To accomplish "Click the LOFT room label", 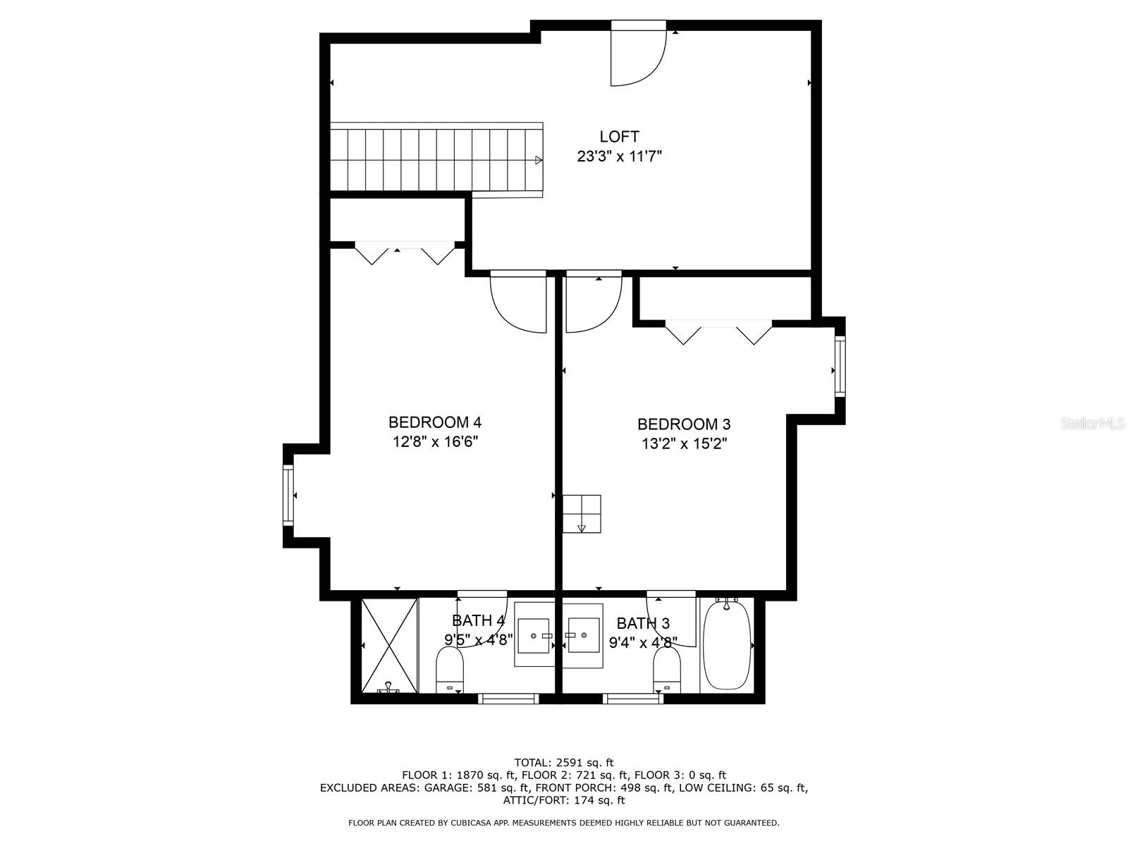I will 619,137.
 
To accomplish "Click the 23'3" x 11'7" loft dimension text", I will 619,157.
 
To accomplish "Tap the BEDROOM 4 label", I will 434,422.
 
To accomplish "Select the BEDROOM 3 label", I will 683,424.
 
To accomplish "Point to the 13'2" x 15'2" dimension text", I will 683,444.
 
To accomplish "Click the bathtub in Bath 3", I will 727,644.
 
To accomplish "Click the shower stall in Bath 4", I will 388,645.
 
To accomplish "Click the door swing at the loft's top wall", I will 637,56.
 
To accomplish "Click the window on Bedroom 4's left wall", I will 288,495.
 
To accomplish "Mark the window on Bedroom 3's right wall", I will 840,367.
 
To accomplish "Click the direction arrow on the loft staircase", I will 539,160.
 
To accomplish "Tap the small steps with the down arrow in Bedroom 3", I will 582,515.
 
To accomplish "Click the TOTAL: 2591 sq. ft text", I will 563,762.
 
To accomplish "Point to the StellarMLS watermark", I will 1093,424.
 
